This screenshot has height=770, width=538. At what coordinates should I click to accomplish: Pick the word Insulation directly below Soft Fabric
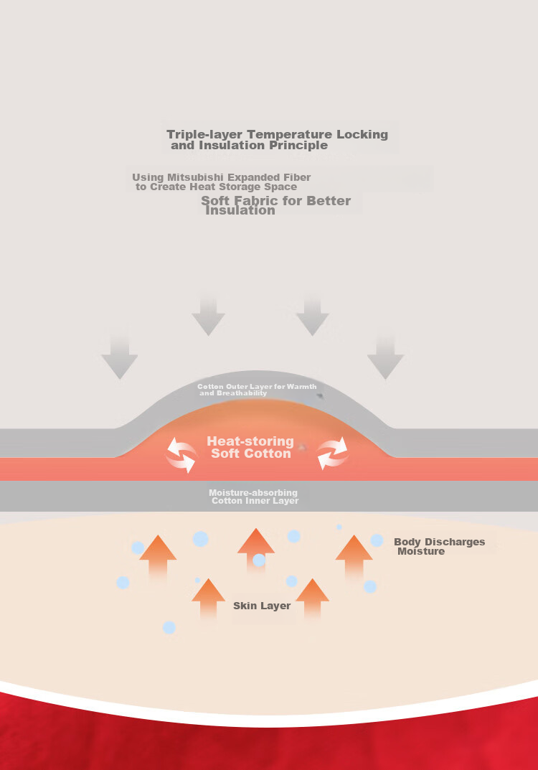point(240,211)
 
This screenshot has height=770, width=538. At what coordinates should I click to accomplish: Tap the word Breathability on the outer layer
point(242,393)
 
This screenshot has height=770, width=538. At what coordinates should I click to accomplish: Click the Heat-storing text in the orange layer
point(250,441)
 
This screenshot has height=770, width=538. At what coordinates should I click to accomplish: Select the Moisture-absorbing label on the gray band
point(253,492)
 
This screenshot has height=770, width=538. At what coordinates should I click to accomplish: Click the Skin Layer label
point(262,606)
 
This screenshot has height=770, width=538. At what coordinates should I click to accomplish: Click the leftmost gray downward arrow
point(119,352)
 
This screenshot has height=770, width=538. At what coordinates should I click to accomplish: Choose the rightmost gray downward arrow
point(385,355)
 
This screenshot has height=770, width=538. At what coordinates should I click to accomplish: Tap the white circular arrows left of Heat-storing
point(181,455)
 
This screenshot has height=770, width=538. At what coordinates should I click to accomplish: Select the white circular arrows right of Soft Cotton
point(333,453)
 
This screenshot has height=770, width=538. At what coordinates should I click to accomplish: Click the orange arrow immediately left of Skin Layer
point(208,600)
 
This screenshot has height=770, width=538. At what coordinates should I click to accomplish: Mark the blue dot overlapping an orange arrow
point(259,560)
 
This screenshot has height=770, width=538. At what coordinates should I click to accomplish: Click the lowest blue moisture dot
point(169,628)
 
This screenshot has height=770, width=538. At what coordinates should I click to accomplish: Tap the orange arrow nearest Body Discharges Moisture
point(354,557)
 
